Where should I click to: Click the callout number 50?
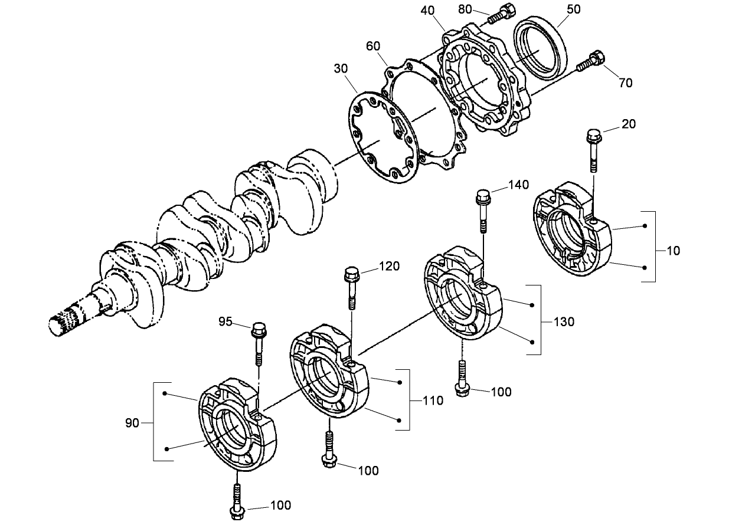pos(573,9)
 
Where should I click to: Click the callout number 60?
pos(373,46)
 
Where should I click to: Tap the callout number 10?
pos(673,251)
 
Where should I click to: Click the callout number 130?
pos(564,323)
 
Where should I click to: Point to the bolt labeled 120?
pos(352,285)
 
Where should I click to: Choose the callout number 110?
pos(433,401)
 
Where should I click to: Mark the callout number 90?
pos(133,423)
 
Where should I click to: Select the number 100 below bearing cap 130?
pos(501,392)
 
